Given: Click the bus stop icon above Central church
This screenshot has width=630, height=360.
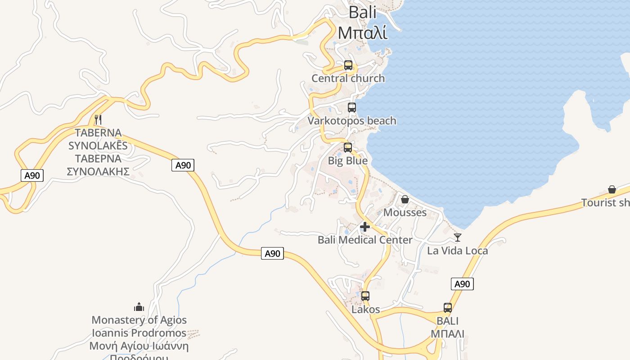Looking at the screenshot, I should (x=348, y=65).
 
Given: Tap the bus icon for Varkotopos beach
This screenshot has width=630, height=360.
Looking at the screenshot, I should (x=351, y=108).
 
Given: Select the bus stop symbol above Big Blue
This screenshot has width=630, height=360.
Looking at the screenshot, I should (x=347, y=148).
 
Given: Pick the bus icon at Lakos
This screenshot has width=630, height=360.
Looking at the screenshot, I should (x=365, y=296).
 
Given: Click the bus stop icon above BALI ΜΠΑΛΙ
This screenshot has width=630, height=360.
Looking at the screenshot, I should (x=447, y=308).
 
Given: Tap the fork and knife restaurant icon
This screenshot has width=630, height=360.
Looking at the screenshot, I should (x=98, y=120).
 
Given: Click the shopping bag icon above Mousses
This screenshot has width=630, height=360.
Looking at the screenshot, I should (x=405, y=199).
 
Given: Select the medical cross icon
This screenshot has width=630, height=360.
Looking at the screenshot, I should (x=365, y=227).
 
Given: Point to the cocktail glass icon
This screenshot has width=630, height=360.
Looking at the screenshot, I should (x=458, y=238).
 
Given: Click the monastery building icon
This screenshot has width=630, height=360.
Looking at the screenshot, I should (x=139, y=307).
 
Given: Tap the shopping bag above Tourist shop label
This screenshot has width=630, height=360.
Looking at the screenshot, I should (x=612, y=189).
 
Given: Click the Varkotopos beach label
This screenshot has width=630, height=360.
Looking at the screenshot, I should (x=352, y=121).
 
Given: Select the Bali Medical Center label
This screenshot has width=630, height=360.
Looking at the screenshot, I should (x=365, y=240).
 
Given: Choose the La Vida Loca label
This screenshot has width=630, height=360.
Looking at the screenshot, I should (x=457, y=251).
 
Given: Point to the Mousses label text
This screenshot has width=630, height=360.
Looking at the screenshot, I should (x=405, y=212).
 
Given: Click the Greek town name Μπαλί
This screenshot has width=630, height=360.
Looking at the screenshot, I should (x=362, y=33).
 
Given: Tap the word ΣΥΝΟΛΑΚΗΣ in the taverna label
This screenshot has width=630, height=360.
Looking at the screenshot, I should (x=98, y=171).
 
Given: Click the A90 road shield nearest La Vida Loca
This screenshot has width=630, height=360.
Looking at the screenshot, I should (x=462, y=284).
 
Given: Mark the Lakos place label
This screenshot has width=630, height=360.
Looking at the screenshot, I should (x=365, y=310).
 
